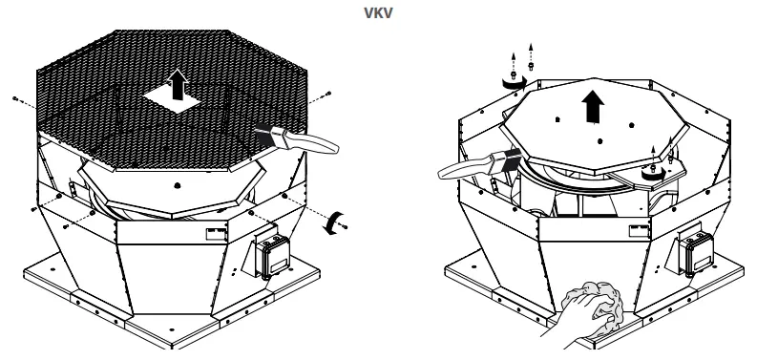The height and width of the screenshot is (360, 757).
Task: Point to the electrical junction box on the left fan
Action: pos(270,254)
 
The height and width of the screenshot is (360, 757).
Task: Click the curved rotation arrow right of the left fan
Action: pos(330,222)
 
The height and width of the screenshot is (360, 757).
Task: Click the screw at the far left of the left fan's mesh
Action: pos(16,98)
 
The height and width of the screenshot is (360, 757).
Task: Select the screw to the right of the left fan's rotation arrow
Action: pos(344,227)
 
